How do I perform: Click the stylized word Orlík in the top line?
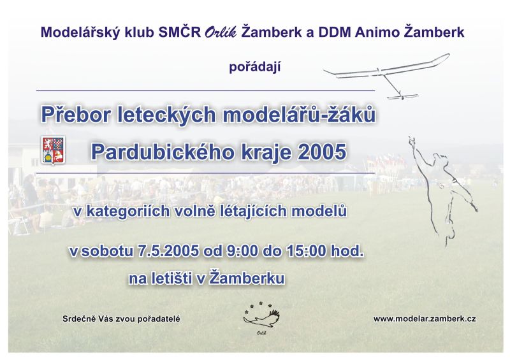[x=221, y=33]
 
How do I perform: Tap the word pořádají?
[x=254, y=68]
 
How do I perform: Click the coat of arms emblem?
[x=54, y=150]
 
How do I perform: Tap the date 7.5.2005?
[x=168, y=251]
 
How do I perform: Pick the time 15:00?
[x=307, y=251]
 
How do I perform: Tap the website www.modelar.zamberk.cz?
[x=425, y=319]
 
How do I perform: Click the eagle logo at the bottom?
[x=262, y=317]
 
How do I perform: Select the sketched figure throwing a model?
[x=442, y=191]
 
